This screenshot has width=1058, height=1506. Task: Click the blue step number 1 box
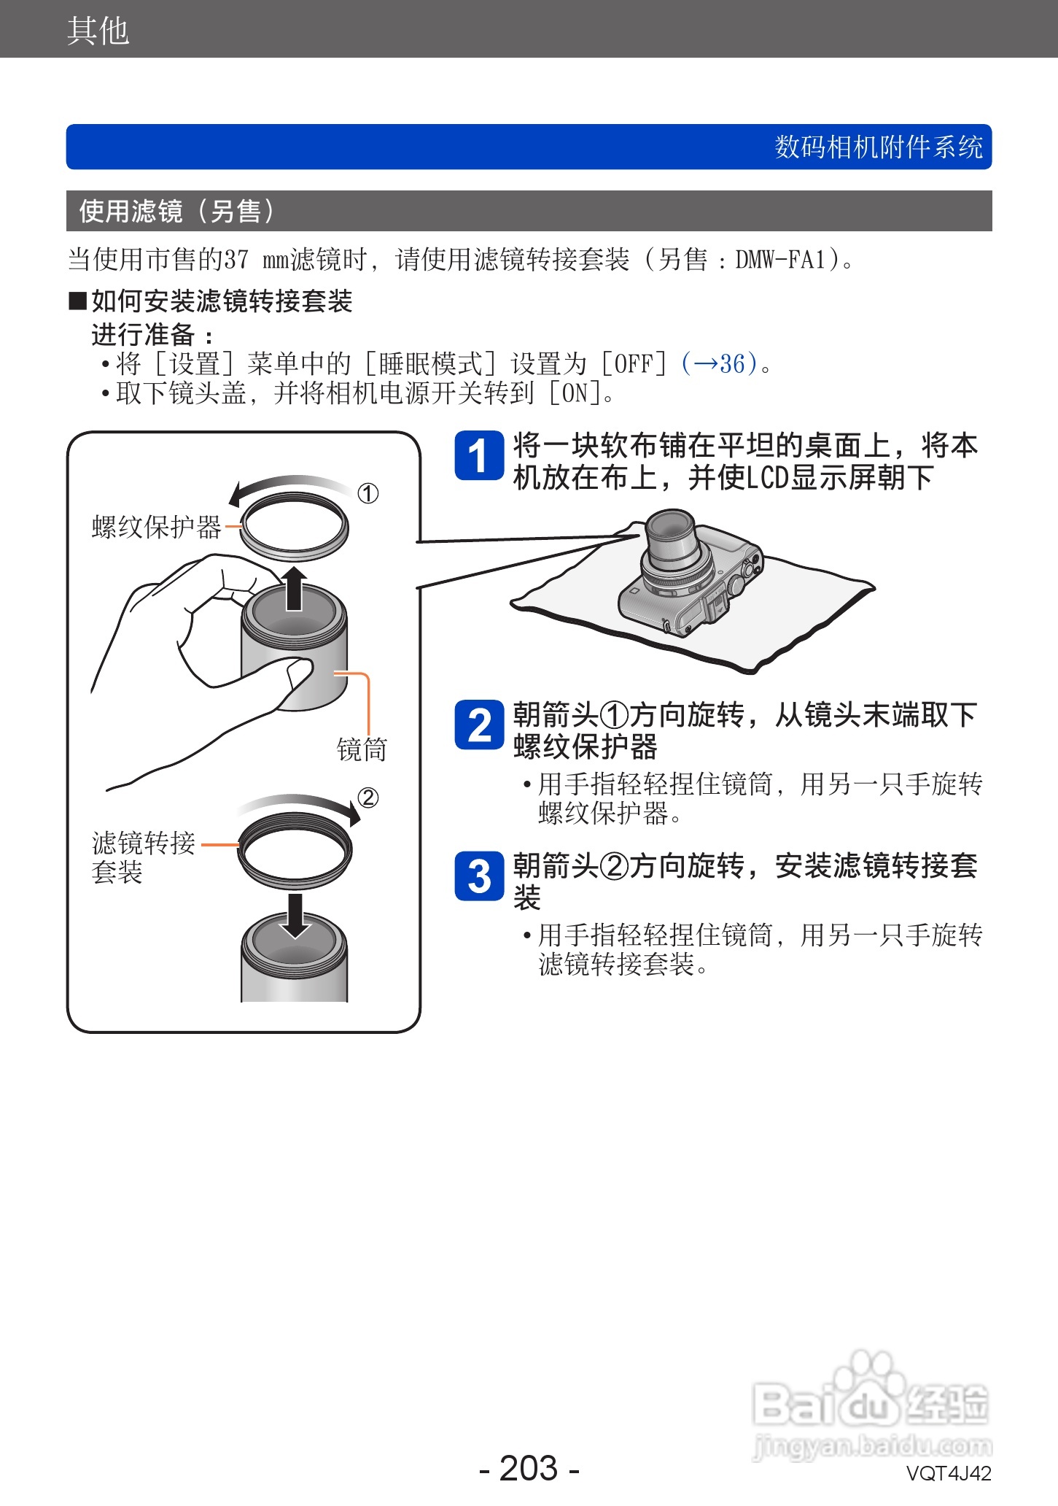[x=478, y=456]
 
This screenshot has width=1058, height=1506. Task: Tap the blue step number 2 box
[x=478, y=725]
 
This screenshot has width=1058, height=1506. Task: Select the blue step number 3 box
[x=478, y=876]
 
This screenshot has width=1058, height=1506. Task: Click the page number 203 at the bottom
[x=529, y=1467]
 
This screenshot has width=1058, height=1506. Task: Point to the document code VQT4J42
[x=948, y=1473]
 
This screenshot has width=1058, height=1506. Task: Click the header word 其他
[x=98, y=31]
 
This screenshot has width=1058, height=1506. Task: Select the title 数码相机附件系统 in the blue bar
[x=878, y=147]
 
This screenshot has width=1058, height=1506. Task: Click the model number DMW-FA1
[x=779, y=259]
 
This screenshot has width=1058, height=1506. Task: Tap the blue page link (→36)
[x=719, y=363]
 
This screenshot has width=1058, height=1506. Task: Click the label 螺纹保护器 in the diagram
[x=156, y=527]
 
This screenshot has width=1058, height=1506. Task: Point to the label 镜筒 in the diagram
[x=362, y=749]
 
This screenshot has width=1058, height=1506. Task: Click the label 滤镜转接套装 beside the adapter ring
[x=143, y=857]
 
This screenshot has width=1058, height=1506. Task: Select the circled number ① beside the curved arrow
[x=368, y=494]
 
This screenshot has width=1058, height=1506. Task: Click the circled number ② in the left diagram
[x=368, y=798]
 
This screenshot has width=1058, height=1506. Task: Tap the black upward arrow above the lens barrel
[x=294, y=587]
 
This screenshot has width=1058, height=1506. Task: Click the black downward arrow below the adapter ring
[x=295, y=915]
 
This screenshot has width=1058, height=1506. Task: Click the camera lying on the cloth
[x=689, y=576]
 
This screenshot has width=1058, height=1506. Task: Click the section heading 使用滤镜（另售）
[x=176, y=211]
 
